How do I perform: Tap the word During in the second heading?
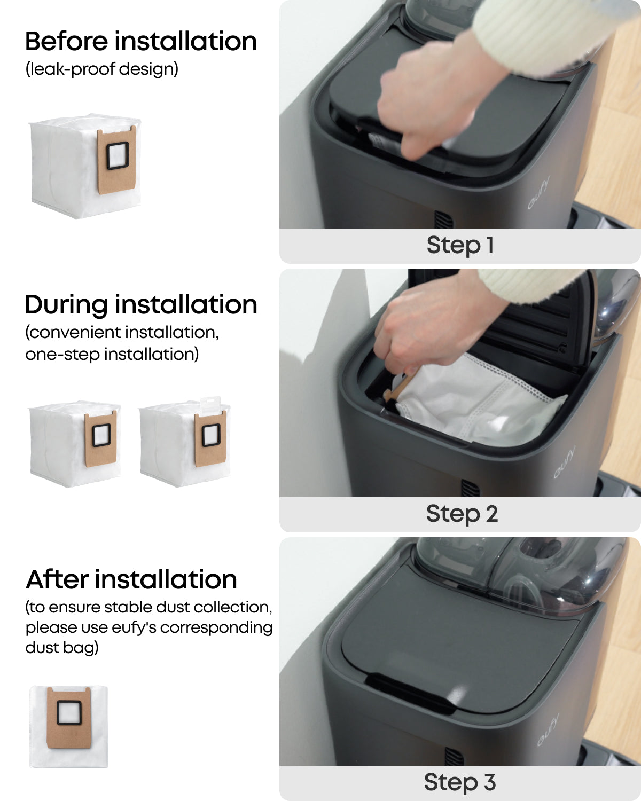pos(66,304)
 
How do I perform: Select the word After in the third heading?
pos(57,579)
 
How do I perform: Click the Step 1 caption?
pos(460,245)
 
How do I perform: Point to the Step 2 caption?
pos(462,514)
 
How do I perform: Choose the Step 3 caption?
pos(460,782)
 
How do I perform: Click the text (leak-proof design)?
pos(101,69)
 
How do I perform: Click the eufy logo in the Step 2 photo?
pos(564,462)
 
